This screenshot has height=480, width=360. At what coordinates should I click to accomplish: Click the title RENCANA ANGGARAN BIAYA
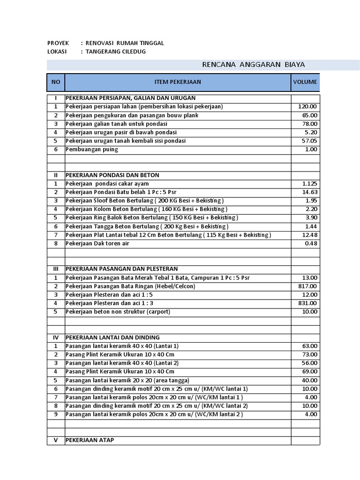tap(254, 65)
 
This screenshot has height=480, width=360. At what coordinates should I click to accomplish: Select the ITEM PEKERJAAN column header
tap(178, 82)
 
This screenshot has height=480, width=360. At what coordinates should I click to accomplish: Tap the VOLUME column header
tap(305, 82)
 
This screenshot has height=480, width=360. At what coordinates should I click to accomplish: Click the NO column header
tap(56, 82)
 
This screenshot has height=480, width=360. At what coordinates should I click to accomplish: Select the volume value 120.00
tap(308, 107)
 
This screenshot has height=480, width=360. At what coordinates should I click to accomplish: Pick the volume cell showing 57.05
tap(309, 141)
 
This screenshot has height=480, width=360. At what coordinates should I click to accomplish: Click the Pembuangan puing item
tap(92, 150)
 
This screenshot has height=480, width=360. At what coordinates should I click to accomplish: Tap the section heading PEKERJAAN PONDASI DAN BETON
tap(112, 175)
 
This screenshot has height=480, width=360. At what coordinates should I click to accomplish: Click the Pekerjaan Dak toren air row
tap(97, 243)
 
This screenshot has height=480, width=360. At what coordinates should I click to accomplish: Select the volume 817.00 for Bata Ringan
tap(308, 286)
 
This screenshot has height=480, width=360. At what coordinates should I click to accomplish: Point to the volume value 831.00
tap(308, 303)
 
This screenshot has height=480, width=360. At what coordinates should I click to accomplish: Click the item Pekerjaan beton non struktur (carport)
tap(118, 312)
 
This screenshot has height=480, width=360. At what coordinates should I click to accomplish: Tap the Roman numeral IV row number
tap(55, 337)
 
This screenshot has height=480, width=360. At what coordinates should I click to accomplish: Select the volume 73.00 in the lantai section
tap(309, 354)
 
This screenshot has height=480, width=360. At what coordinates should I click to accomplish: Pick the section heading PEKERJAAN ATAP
tap(90, 440)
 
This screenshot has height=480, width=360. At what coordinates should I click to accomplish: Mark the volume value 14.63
tap(310, 192)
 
